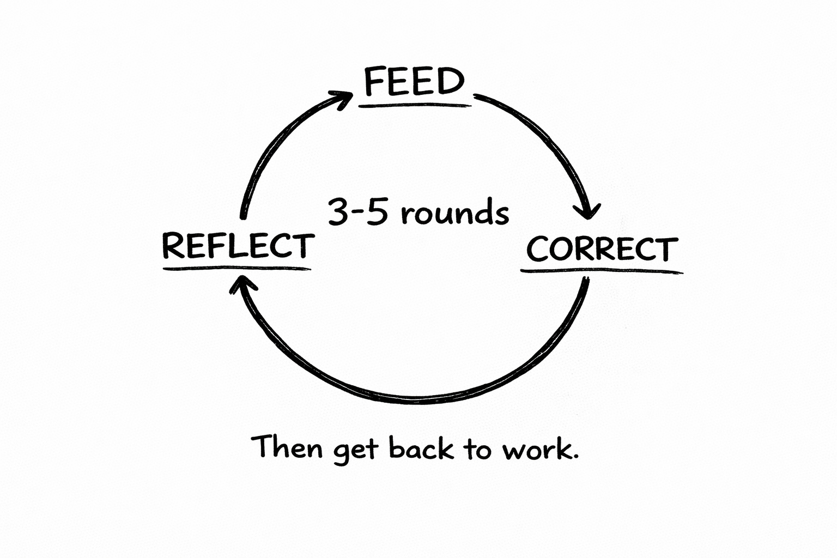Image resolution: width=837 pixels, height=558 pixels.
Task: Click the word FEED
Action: coord(414,82)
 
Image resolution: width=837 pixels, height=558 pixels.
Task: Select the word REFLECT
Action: coord(238,246)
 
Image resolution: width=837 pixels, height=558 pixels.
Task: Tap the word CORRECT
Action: coord(602,249)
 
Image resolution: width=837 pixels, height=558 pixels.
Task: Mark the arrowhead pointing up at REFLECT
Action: coord(240,284)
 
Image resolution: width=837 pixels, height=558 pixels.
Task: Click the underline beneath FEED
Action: coord(414,104)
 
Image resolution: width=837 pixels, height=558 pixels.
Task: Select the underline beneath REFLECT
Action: coord(236,269)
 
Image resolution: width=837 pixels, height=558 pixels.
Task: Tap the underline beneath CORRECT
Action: coord(602,270)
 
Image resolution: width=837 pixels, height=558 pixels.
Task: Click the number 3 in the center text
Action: coord(338,211)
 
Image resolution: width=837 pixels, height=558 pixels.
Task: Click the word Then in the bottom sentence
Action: coord(287,447)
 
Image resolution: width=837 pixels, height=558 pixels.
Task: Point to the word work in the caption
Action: coord(538,449)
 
